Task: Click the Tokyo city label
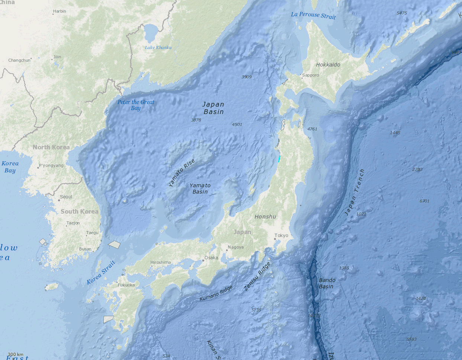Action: (281, 236)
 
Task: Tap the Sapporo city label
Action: (310, 75)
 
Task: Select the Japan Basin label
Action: (214, 108)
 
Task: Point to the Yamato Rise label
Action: (181, 173)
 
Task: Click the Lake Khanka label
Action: (158, 48)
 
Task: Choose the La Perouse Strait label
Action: (313, 15)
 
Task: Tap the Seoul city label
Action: (66, 197)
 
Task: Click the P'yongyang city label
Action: (51, 166)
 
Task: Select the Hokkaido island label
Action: (328, 65)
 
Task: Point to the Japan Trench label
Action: (355, 192)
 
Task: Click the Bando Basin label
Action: (327, 283)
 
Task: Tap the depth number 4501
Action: (237, 124)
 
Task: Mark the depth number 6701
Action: (424, 201)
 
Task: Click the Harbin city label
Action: (59, 11)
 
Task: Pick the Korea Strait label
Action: (101, 273)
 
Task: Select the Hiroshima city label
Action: (161, 262)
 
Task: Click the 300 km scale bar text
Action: (15, 354)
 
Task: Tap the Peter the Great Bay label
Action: (136, 105)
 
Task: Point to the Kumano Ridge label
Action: (216, 293)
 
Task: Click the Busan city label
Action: (85, 249)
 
